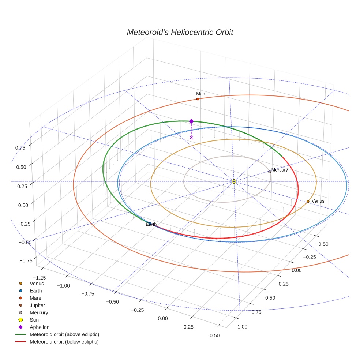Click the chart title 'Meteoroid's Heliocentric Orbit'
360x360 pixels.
coord(180,32)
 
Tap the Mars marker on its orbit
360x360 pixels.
coord(198,99)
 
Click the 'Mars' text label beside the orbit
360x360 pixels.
coord(201,94)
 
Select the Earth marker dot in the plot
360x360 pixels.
coord(150,224)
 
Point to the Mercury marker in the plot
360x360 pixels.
coord(270,172)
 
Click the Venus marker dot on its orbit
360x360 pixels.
coord(308,202)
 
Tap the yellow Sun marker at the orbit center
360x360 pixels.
coord(234,181)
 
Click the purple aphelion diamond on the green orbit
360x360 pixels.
coord(191,121)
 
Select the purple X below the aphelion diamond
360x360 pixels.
coord(191,137)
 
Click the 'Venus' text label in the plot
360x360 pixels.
coord(318,201)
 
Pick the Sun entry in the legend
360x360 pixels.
coord(34,320)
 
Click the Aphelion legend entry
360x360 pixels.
coord(40,327)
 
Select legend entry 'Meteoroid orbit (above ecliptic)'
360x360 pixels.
coord(64,334)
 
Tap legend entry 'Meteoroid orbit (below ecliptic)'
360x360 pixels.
coord(64,342)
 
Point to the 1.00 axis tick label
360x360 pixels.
coord(242,326)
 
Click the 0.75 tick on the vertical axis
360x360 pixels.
coord(20,148)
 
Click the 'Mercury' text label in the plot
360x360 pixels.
coord(280,170)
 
